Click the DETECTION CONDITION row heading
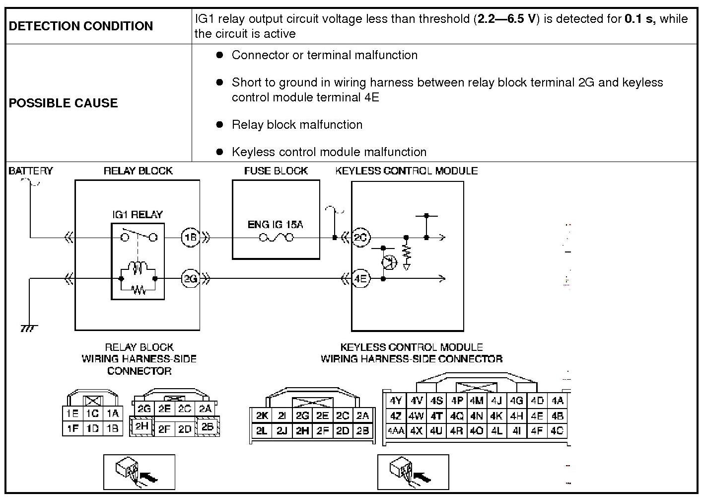[x=81, y=26]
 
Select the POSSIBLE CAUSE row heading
[x=64, y=103]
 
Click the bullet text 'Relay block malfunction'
[x=297, y=125]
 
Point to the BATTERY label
[x=31, y=170]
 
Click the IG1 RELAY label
[x=138, y=215]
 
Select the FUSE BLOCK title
[x=276, y=170]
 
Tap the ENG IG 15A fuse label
[x=276, y=225]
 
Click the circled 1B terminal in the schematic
[x=191, y=238]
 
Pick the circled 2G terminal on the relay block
[x=191, y=278]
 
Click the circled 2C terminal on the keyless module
[x=361, y=238]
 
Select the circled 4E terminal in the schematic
[x=361, y=278]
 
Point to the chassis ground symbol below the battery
[x=29, y=329]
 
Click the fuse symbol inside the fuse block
[x=276, y=238]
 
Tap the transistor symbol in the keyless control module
[x=389, y=262]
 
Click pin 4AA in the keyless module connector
[x=396, y=431]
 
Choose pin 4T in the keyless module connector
[x=436, y=416]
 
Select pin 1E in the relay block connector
[x=72, y=414]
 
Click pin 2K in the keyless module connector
[x=262, y=416]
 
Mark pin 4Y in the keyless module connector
[x=396, y=401]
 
